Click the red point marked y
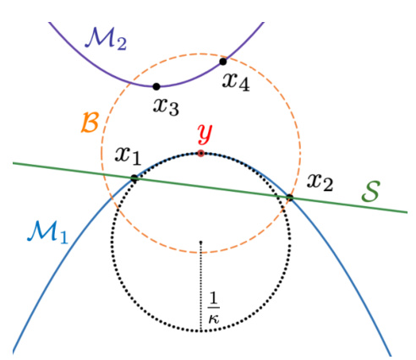[200, 154]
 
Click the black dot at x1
[134, 178]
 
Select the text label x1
[129, 156]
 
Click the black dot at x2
[289, 198]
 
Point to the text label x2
[320, 180]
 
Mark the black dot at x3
[156, 86]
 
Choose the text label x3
[166, 106]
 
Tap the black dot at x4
[223, 61]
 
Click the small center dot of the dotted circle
[200, 243]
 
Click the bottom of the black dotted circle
[200, 330]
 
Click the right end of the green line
[407, 212]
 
